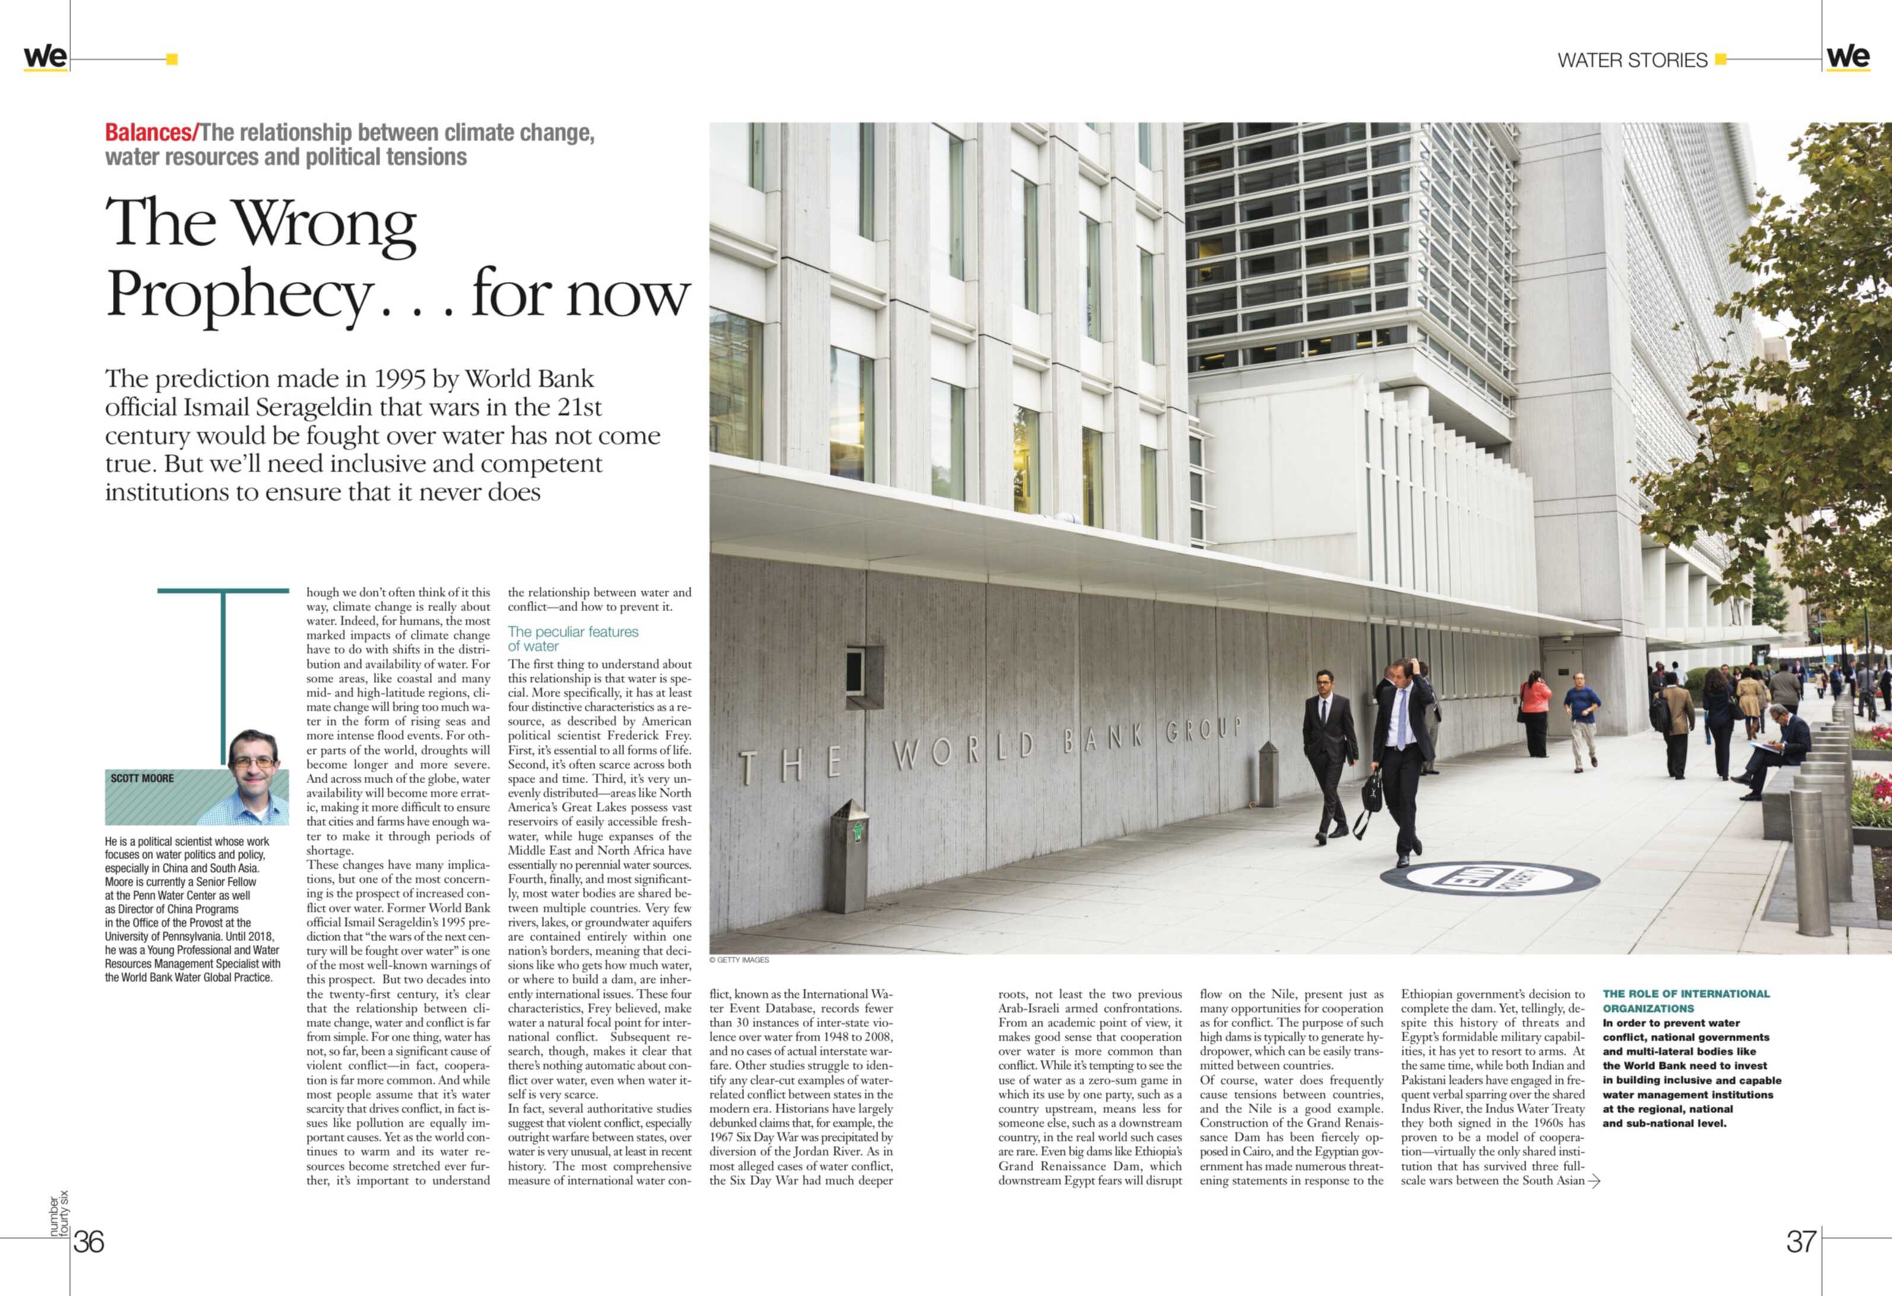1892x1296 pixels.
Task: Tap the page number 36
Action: (89, 1241)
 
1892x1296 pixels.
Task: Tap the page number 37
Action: (1800, 1241)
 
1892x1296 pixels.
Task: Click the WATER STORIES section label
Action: (1631, 61)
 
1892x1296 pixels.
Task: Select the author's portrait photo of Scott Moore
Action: (255, 777)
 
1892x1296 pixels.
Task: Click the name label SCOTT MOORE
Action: (142, 778)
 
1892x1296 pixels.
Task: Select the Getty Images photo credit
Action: (738, 960)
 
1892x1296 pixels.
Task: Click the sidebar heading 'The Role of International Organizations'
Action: (1685, 1000)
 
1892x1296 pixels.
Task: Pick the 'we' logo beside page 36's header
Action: (45, 57)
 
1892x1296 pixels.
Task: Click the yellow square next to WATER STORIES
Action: (1720, 59)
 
